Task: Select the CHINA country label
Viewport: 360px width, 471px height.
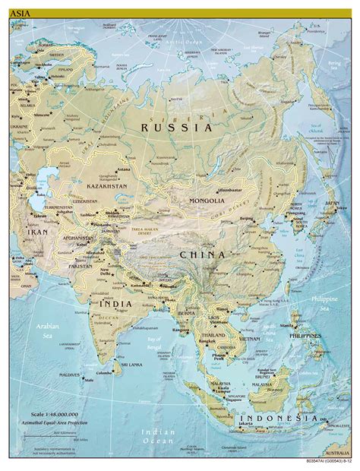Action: pyautogui.click(x=202, y=255)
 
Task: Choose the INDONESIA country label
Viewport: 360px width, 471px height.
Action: pyautogui.click(x=279, y=419)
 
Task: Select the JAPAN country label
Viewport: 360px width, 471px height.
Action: pyautogui.click(x=331, y=204)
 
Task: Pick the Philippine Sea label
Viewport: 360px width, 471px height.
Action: pyautogui.click(x=327, y=303)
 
